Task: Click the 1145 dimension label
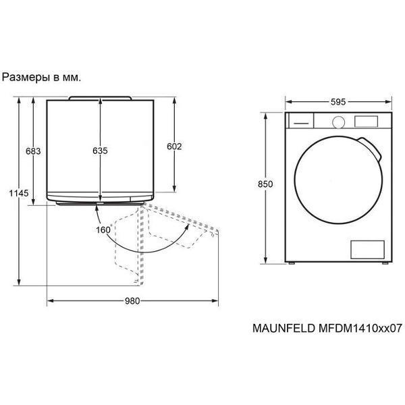click(x=19, y=193)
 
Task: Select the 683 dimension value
click(x=33, y=151)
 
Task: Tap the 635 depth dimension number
click(x=100, y=151)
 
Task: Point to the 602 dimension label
click(x=174, y=146)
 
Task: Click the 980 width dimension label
click(x=132, y=301)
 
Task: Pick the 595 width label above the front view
click(x=338, y=102)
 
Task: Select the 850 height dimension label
click(x=265, y=184)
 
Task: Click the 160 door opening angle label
click(x=103, y=230)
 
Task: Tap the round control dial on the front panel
click(x=339, y=122)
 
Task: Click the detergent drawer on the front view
click(x=301, y=121)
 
